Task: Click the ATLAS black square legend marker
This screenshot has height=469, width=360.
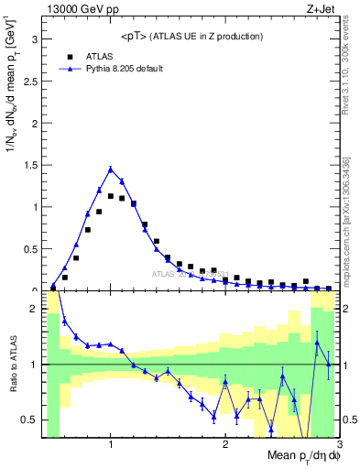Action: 65,55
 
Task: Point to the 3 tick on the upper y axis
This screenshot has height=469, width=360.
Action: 36,39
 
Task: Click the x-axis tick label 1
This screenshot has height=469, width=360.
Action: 111,445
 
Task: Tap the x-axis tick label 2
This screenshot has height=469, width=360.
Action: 225,445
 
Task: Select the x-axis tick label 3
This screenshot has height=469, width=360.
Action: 339,445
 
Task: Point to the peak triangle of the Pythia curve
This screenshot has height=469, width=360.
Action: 111,169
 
